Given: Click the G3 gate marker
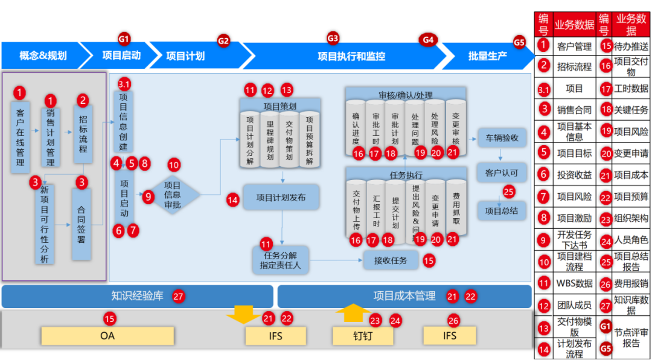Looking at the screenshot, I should click(333, 38).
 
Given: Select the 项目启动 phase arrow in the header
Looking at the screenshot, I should click(121, 56).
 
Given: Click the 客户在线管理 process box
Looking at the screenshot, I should click(21, 138).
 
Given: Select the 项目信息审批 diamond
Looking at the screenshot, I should click(173, 195).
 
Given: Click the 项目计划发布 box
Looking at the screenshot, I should click(280, 198).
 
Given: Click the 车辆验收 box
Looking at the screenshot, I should click(502, 137).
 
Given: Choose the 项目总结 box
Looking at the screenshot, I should click(502, 211).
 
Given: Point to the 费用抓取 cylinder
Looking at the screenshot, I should click(456, 209).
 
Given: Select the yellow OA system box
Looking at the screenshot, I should click(107, 335).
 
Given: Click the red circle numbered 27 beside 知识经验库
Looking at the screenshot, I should click(178, 297).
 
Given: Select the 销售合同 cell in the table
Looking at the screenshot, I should click(574, 109).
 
